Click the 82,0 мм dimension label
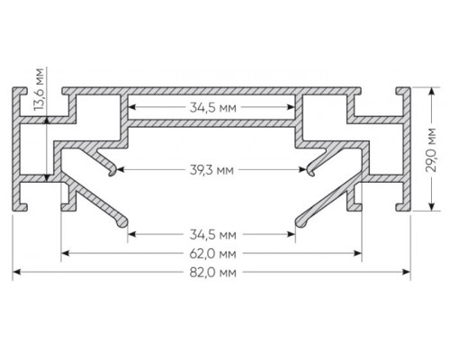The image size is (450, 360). coord(213,273)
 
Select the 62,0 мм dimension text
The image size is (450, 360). coord(213,254)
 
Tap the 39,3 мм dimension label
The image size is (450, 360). coord(211,170)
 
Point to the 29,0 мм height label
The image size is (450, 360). coord(431,150)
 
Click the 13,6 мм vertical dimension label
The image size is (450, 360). coord(39,89)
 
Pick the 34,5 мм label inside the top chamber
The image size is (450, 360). coord(213,107)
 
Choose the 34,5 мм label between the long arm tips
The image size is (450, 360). coord(213,235)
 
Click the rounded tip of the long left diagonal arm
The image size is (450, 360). coord(123,222)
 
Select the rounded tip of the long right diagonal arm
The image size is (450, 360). coord(300,222)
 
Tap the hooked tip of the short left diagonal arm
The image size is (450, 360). coord(112,172)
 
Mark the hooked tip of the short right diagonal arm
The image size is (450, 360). coord(311,172)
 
